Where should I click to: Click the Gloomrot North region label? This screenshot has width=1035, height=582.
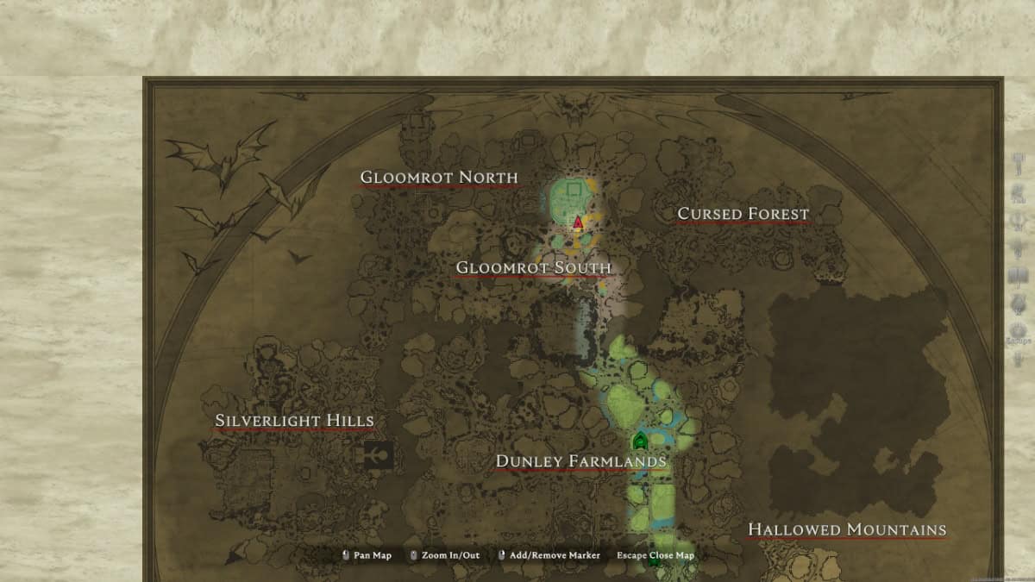439,178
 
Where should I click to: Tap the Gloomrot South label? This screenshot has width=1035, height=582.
533,267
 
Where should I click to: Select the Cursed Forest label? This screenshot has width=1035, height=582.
743,213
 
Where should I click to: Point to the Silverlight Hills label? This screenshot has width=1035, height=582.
294,421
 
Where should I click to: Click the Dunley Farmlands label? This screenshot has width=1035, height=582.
580,461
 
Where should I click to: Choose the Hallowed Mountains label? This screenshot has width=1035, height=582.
846,529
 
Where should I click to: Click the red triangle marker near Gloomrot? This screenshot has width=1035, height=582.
578,222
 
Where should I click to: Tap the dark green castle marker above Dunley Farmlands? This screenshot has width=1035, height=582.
640,441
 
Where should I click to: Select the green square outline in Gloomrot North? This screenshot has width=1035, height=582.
574,189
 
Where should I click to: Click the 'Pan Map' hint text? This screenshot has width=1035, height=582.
373,555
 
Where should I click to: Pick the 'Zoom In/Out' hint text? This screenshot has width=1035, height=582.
451,555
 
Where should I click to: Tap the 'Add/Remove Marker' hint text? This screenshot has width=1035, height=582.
555,555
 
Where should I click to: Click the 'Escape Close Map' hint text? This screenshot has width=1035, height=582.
655,555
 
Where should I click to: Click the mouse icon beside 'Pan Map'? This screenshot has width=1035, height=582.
346,555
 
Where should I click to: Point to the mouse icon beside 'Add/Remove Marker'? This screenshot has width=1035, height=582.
501,555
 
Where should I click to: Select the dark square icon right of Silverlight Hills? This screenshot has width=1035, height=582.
379,454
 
